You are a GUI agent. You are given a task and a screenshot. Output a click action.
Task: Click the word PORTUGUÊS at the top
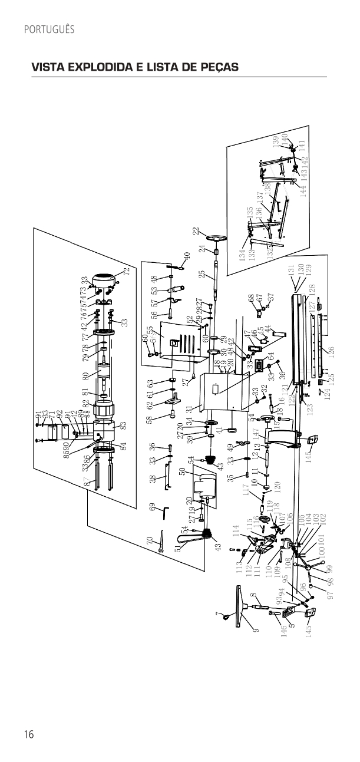coord(49,29)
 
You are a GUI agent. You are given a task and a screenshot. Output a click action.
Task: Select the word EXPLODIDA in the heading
coord(101,68)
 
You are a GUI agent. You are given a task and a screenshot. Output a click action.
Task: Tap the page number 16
coord(29,734)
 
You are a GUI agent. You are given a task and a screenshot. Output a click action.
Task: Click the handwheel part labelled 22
coord(219,239)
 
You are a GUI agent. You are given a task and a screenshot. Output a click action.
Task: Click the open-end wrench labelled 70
coord(160,549)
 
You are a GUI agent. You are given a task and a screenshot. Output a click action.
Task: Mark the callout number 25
coord(202,275)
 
